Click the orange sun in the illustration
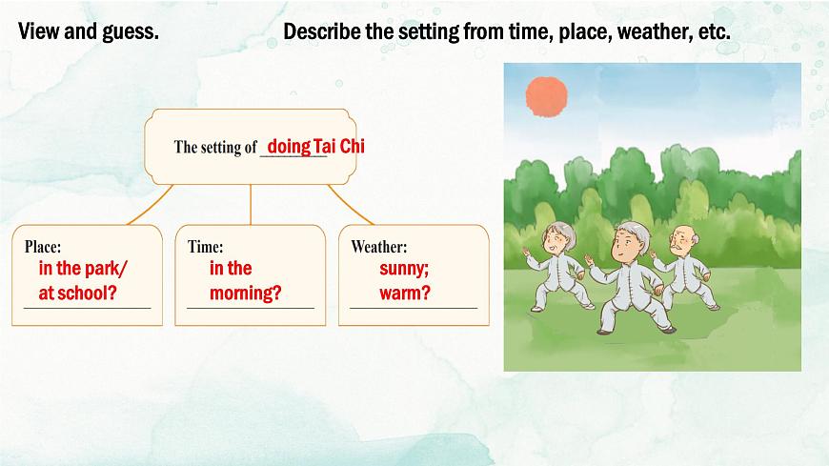tap(546, 93)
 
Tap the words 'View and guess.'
tap(88, 31)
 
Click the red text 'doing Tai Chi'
tap(315, 147)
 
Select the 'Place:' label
tap(43, 247)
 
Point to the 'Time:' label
tap(206, 247)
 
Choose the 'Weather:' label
tap(378, 247)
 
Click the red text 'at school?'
tap(77, 293)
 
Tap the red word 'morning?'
tap(245, 293)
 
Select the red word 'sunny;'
tap(404, 269)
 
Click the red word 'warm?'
tap(404, 293)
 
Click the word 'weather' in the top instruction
tap(653, 31)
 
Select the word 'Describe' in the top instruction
tap(321, 31)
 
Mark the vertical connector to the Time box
tap(251, 205)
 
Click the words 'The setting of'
tap(215, 148)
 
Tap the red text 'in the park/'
tap(83, 269)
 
